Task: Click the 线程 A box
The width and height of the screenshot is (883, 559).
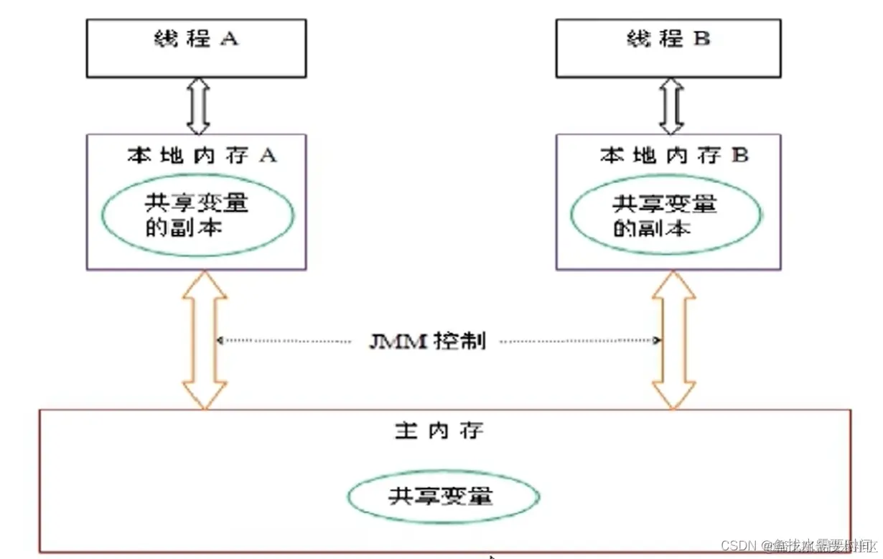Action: coord(196,48)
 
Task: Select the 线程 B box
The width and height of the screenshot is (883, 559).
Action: coord(668,48)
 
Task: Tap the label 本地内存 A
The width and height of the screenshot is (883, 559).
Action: coord(202,156)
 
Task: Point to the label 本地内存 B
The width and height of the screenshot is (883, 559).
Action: coord(674,156)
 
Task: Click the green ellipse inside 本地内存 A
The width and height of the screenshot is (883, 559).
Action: coord(197,215)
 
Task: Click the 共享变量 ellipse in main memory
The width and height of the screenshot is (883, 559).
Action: coord(442,496)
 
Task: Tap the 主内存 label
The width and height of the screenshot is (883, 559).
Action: coord(439,431)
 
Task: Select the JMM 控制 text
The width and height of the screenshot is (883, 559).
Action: coord(427,342)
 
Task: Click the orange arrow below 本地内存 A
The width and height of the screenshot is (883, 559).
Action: coord(205,340)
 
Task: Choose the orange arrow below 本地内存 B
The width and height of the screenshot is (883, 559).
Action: coord(673,340)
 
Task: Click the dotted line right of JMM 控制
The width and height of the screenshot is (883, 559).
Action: coord(579,342)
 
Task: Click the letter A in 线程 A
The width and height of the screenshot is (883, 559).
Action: coord(228,38)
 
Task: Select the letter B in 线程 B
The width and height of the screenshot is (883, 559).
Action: coord(701,38)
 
